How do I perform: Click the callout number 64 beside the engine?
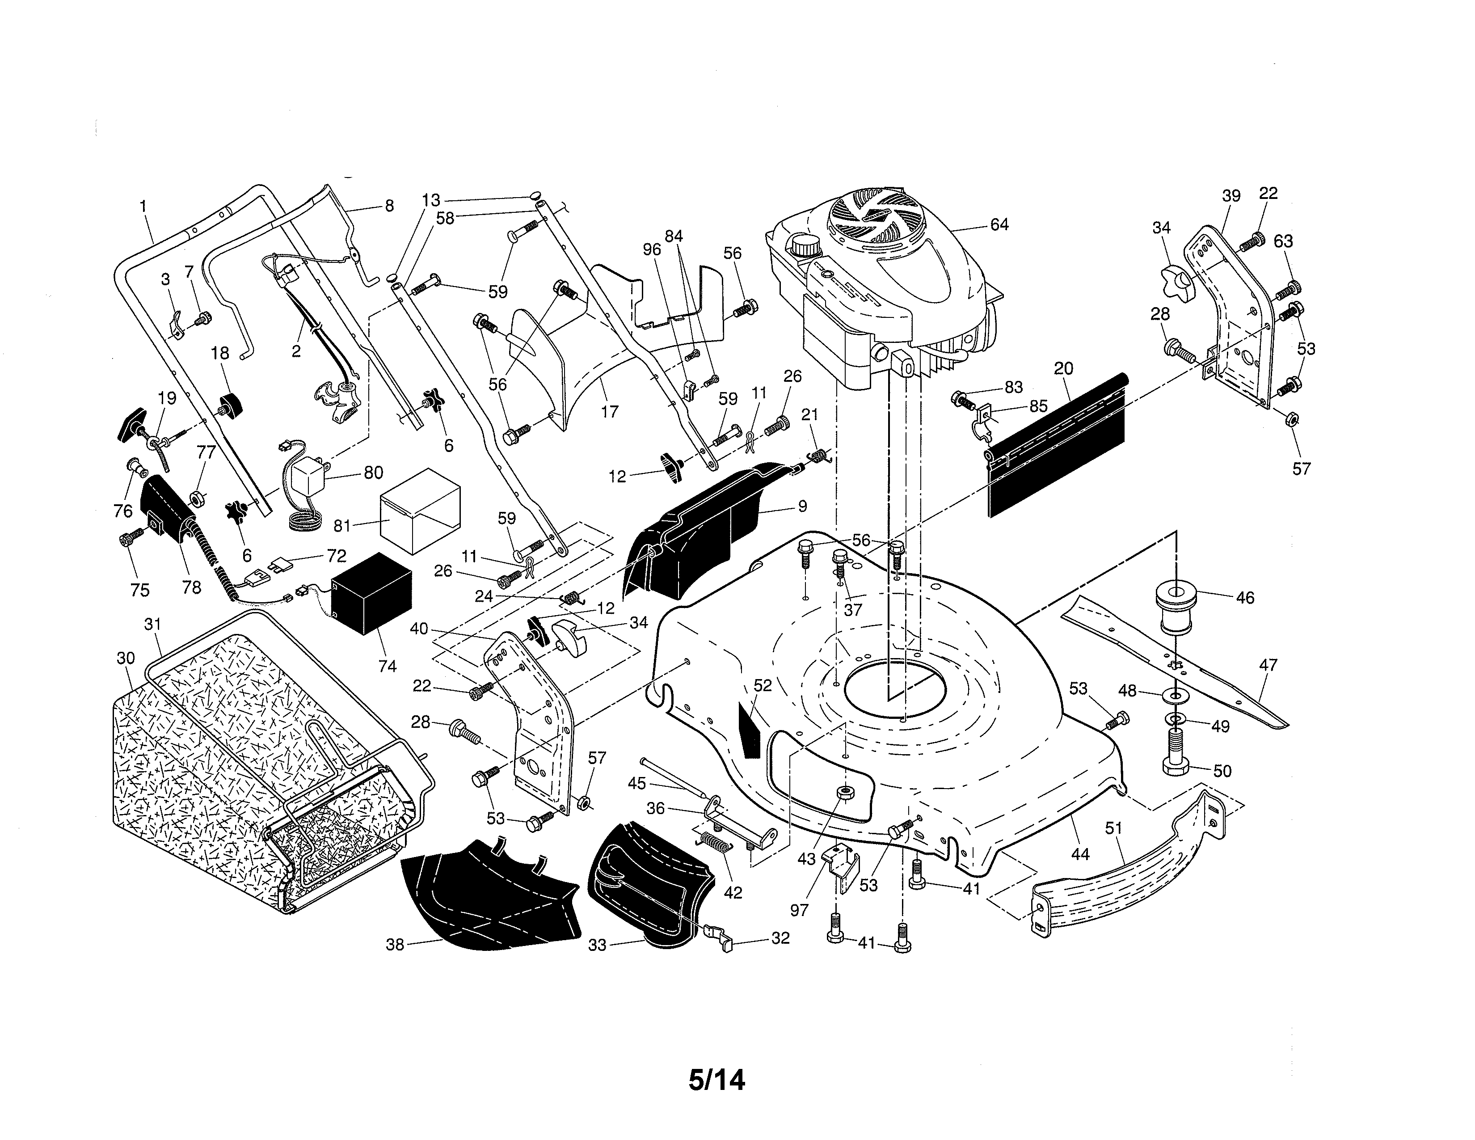(x=999, y=224)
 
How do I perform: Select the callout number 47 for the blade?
(x=1268, y=665)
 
